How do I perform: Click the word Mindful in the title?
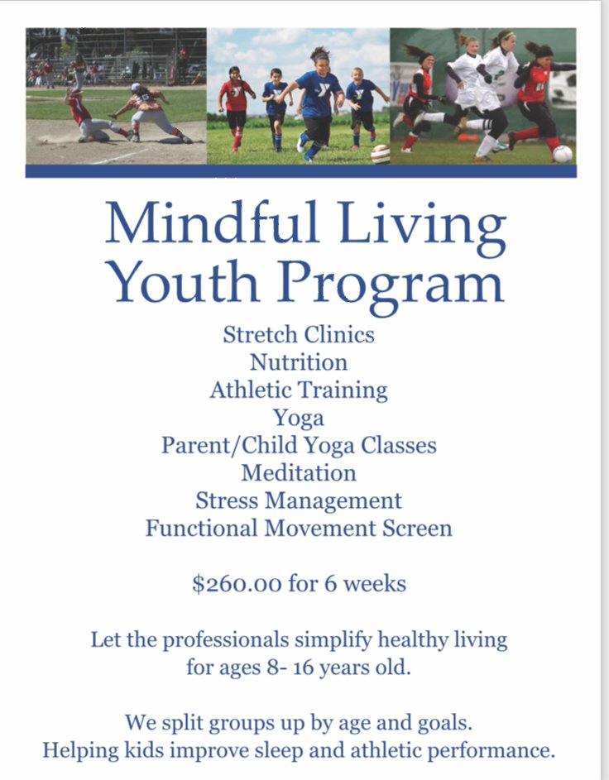point(212,223)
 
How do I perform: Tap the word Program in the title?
point(391,285)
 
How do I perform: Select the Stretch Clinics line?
point(299,334)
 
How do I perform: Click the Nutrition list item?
point(299,362)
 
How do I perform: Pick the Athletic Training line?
point(299,390)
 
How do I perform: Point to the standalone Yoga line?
point(299,419)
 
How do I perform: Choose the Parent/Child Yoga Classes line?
point(299,446)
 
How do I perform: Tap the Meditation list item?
point(299,473)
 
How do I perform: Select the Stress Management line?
point(299,501)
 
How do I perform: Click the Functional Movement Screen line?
point(299,529)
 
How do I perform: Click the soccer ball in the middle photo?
point(381,154)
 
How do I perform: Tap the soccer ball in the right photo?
point(563,154)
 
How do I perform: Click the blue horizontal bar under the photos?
point(301,171)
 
